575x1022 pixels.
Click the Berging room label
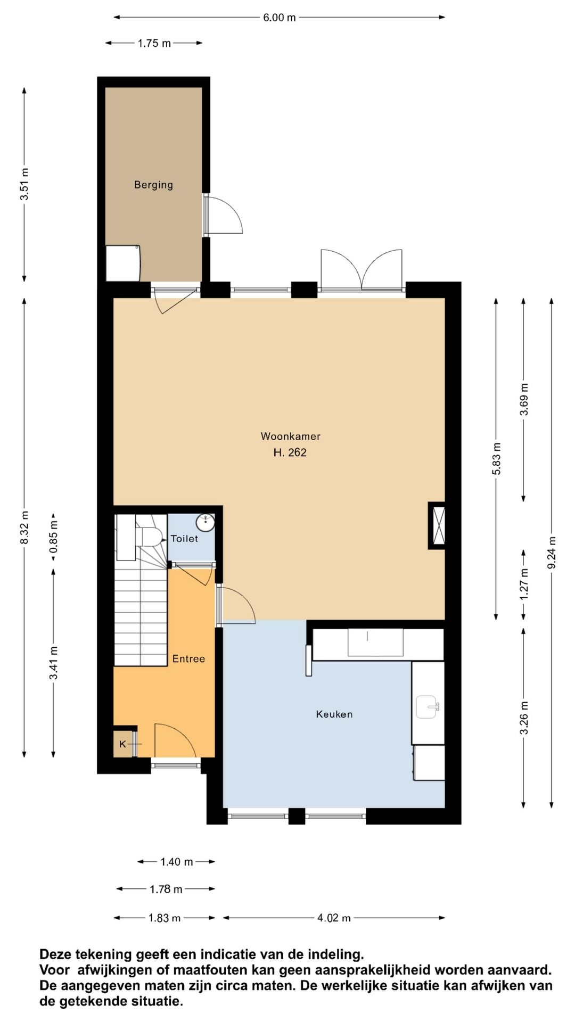(153, 185)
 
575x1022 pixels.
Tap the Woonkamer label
(291, 436)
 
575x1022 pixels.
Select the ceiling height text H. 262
(290, 452)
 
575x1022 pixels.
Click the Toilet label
(184, 539)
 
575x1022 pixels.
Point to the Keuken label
(334, 714)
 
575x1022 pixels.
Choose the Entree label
(188, 659)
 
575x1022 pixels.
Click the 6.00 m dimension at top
(280, 18)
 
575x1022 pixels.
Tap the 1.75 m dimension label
(154, 44)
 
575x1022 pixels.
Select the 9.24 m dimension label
(552, 553)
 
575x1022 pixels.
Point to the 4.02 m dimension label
(334, 918)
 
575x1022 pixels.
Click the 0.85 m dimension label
(53, 537)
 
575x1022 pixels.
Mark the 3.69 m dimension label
(524, 400)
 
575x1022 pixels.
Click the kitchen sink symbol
(428, 707)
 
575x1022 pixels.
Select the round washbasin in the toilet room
(206, 522)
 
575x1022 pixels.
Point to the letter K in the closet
(122, 744)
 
